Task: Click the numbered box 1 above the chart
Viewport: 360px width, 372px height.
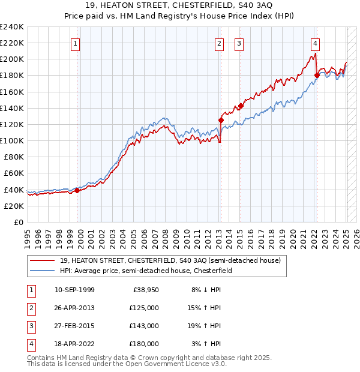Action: click(76, 43)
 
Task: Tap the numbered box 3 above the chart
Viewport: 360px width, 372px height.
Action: click(239, 43)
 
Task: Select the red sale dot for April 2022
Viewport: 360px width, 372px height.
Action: click(316, 76)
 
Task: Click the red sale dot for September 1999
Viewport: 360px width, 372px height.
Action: click(77, 191)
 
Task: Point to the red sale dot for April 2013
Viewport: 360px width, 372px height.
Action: click(220, 120)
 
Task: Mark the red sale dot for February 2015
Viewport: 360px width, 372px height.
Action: click(240, 106)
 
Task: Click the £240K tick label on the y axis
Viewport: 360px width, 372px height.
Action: click(11, 27)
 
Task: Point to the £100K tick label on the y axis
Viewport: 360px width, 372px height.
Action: click(11, 140)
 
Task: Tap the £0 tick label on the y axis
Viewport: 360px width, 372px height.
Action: click(19, 222)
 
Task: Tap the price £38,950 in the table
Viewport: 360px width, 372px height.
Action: click(146, 290)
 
